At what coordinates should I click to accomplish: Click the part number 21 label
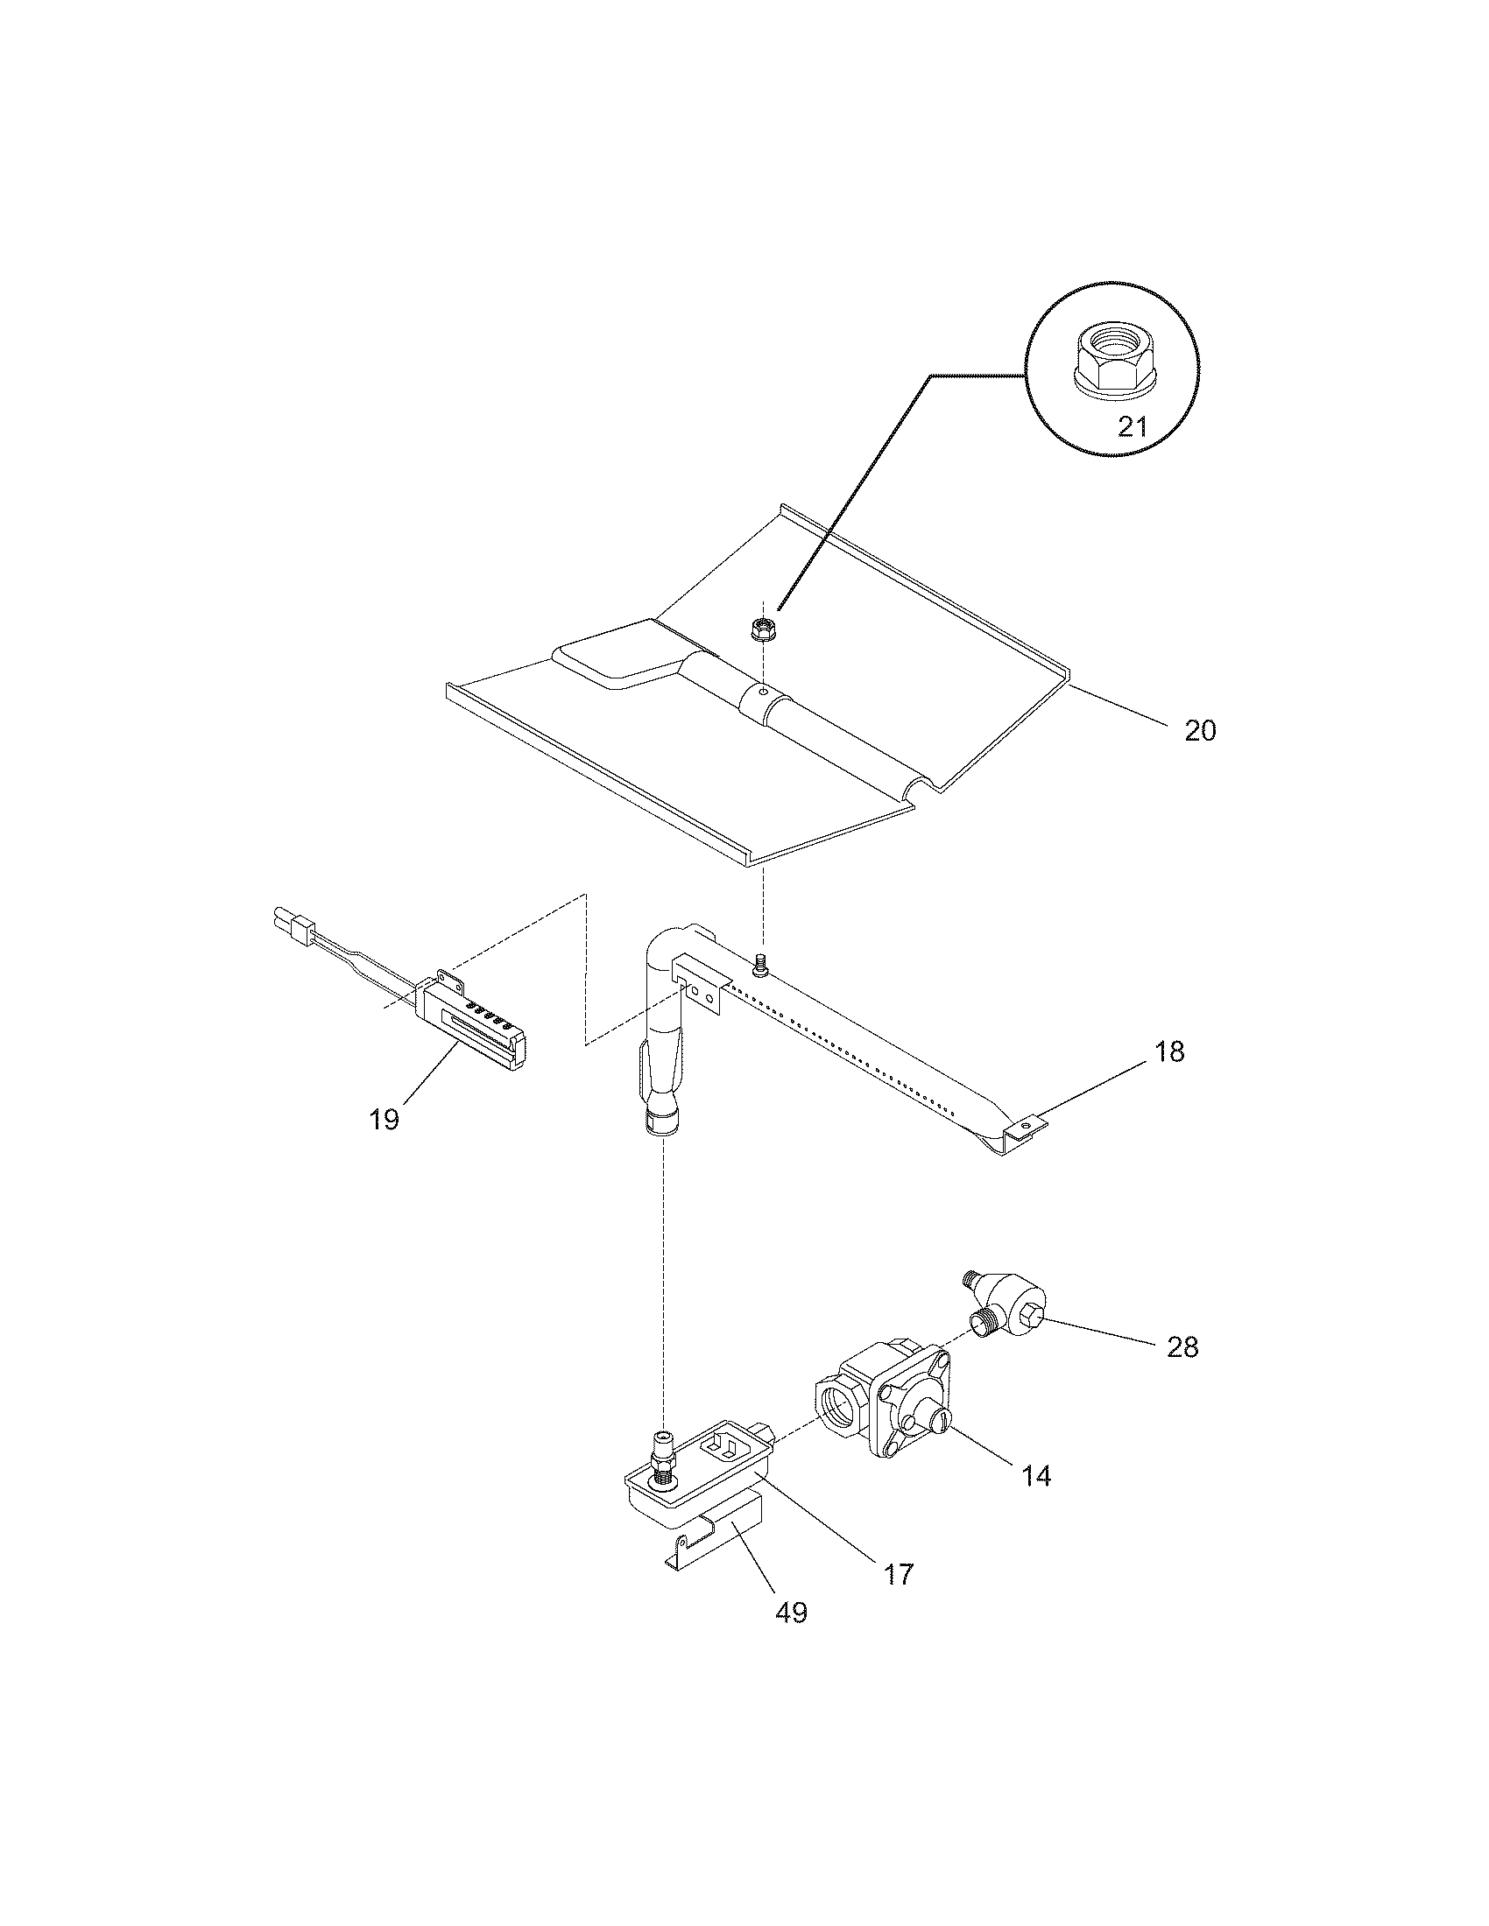pos(1132,427)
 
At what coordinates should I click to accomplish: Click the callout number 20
pos(1199,731)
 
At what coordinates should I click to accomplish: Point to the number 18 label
pos(1168,1052)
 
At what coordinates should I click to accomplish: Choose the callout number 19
pos(385,1120)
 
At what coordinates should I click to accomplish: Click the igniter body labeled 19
pos(477,1028)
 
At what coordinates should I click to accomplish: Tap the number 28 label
pos(1182,1347)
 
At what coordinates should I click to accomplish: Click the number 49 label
pos(790,1613)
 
